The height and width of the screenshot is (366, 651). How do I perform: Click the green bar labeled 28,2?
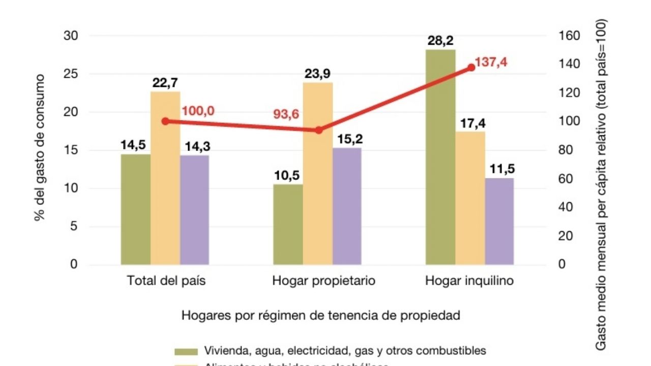click(x=440, y=157)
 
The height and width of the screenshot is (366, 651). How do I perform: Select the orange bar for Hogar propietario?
click(x=318, y=173)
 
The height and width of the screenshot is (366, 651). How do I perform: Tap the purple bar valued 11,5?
click(x=499, y=221)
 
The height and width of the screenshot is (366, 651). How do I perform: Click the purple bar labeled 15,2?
click(x=347, y=206)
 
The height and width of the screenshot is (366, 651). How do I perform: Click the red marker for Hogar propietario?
click(x=319, y=130)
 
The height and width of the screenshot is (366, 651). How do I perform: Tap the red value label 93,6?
click(x=286, y=114)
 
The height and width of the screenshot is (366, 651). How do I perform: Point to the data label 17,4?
click(x=469, y=124)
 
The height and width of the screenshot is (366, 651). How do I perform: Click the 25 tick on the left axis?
click(x=71, y=74)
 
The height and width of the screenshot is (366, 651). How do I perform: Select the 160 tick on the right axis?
click(x=569, y=36)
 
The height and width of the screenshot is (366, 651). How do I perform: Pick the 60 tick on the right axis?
click(x=566, y=179)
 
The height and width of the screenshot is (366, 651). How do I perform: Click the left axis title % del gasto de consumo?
click(x=40, y=148)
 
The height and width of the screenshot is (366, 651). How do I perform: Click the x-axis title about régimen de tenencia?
click(x=320, y=316)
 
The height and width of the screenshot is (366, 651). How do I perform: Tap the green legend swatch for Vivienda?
click(x=186, y=351)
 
